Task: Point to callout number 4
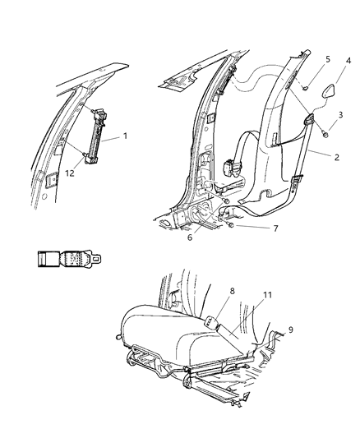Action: point(348,60)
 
